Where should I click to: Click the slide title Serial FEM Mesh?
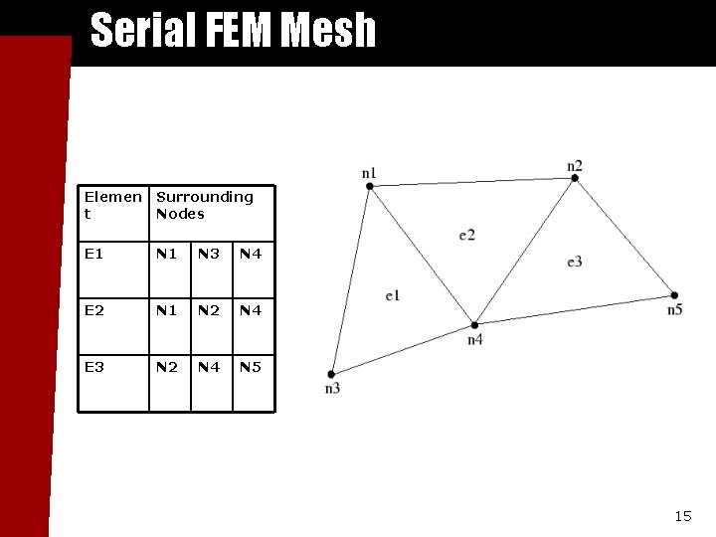[x=233, y=30]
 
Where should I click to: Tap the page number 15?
[x=682, y=516]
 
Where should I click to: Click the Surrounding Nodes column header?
[x=204, y=205]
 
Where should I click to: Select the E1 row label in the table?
[x=94, y=255]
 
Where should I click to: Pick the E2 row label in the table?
[x=94, y=311]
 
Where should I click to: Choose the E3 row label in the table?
[x=94, y=368]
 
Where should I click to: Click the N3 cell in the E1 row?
[x=209, y=255]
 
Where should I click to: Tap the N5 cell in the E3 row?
[x=251, y=368]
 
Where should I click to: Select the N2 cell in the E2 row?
[x=209, y=311]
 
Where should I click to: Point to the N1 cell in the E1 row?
[x=167, y=255]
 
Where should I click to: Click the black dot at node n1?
[x=369, y=185]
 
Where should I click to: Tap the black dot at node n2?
[x=575, y=178]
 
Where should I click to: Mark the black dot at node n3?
[x=331, y=374]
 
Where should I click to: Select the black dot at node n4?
[x=474, y=325]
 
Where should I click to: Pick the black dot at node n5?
[x=674, y=295]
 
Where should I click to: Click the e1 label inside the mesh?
[x=392, y=296]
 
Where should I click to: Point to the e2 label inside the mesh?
[x=466, y=235]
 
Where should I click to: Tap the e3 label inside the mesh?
[x=574, y=262]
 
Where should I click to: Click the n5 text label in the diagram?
[x=674, y=310]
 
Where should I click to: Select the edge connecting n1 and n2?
[x=472, y=182]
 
